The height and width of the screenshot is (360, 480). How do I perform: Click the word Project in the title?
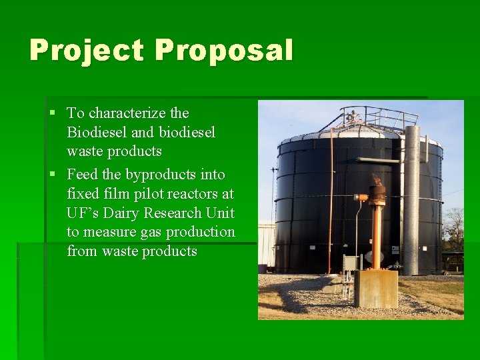(87, 51)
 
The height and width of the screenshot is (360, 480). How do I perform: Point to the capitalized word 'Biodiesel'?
(95, 132)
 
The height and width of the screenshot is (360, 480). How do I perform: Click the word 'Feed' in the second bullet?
(83, 175)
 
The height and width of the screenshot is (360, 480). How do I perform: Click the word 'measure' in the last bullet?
(108, 232)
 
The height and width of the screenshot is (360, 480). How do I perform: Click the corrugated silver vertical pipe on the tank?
(411, 200)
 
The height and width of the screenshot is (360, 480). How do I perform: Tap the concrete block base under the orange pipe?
(375, 289)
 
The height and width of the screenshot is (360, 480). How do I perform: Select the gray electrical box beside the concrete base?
(349, 263)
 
